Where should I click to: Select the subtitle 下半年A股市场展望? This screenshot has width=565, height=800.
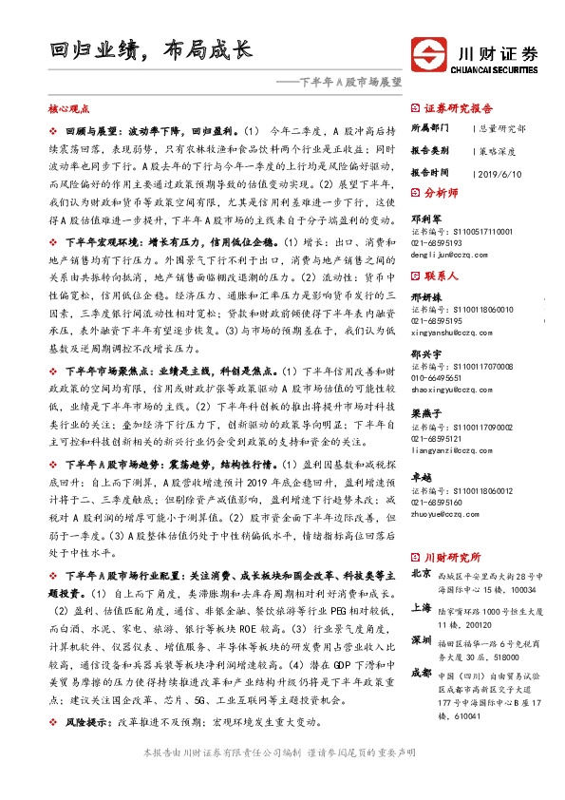(338, 82)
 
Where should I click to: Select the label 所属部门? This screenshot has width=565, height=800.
(430, 126)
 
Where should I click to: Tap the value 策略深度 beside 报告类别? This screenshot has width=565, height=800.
(496, 150)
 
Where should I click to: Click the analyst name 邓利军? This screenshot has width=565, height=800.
(424, 218)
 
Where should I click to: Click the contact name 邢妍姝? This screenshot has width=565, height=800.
(424, 297)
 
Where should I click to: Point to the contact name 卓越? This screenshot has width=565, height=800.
(419, 478)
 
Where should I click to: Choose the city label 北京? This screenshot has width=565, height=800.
(421, 575)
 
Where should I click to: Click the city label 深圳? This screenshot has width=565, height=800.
(421, 640)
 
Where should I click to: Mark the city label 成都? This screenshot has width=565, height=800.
(421, 673)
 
